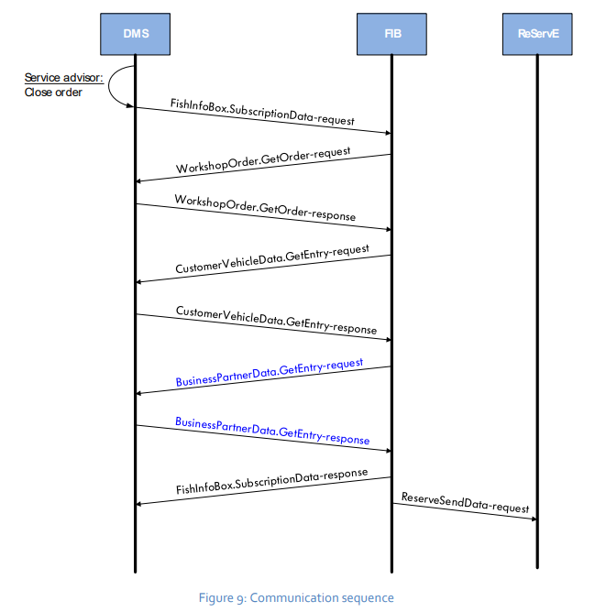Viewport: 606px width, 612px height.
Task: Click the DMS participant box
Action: [136, 35]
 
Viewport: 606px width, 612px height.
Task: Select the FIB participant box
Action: [391, 35]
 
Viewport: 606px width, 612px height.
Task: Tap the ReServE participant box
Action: [537, 35]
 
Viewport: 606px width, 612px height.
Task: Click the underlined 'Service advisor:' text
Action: [63, 78]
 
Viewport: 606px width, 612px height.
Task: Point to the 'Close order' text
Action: [53, 93]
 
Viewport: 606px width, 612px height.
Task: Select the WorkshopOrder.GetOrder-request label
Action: [262, 160]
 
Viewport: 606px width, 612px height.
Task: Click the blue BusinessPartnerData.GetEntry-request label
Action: [270, 373]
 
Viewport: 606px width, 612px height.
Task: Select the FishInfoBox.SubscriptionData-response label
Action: [271, 483]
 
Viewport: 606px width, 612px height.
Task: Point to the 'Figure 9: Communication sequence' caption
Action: [295, 598]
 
